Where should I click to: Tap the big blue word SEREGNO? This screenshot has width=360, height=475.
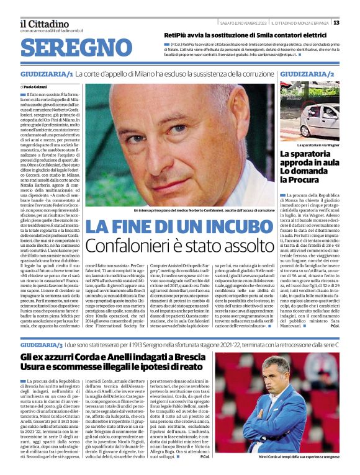pos(72,48)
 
